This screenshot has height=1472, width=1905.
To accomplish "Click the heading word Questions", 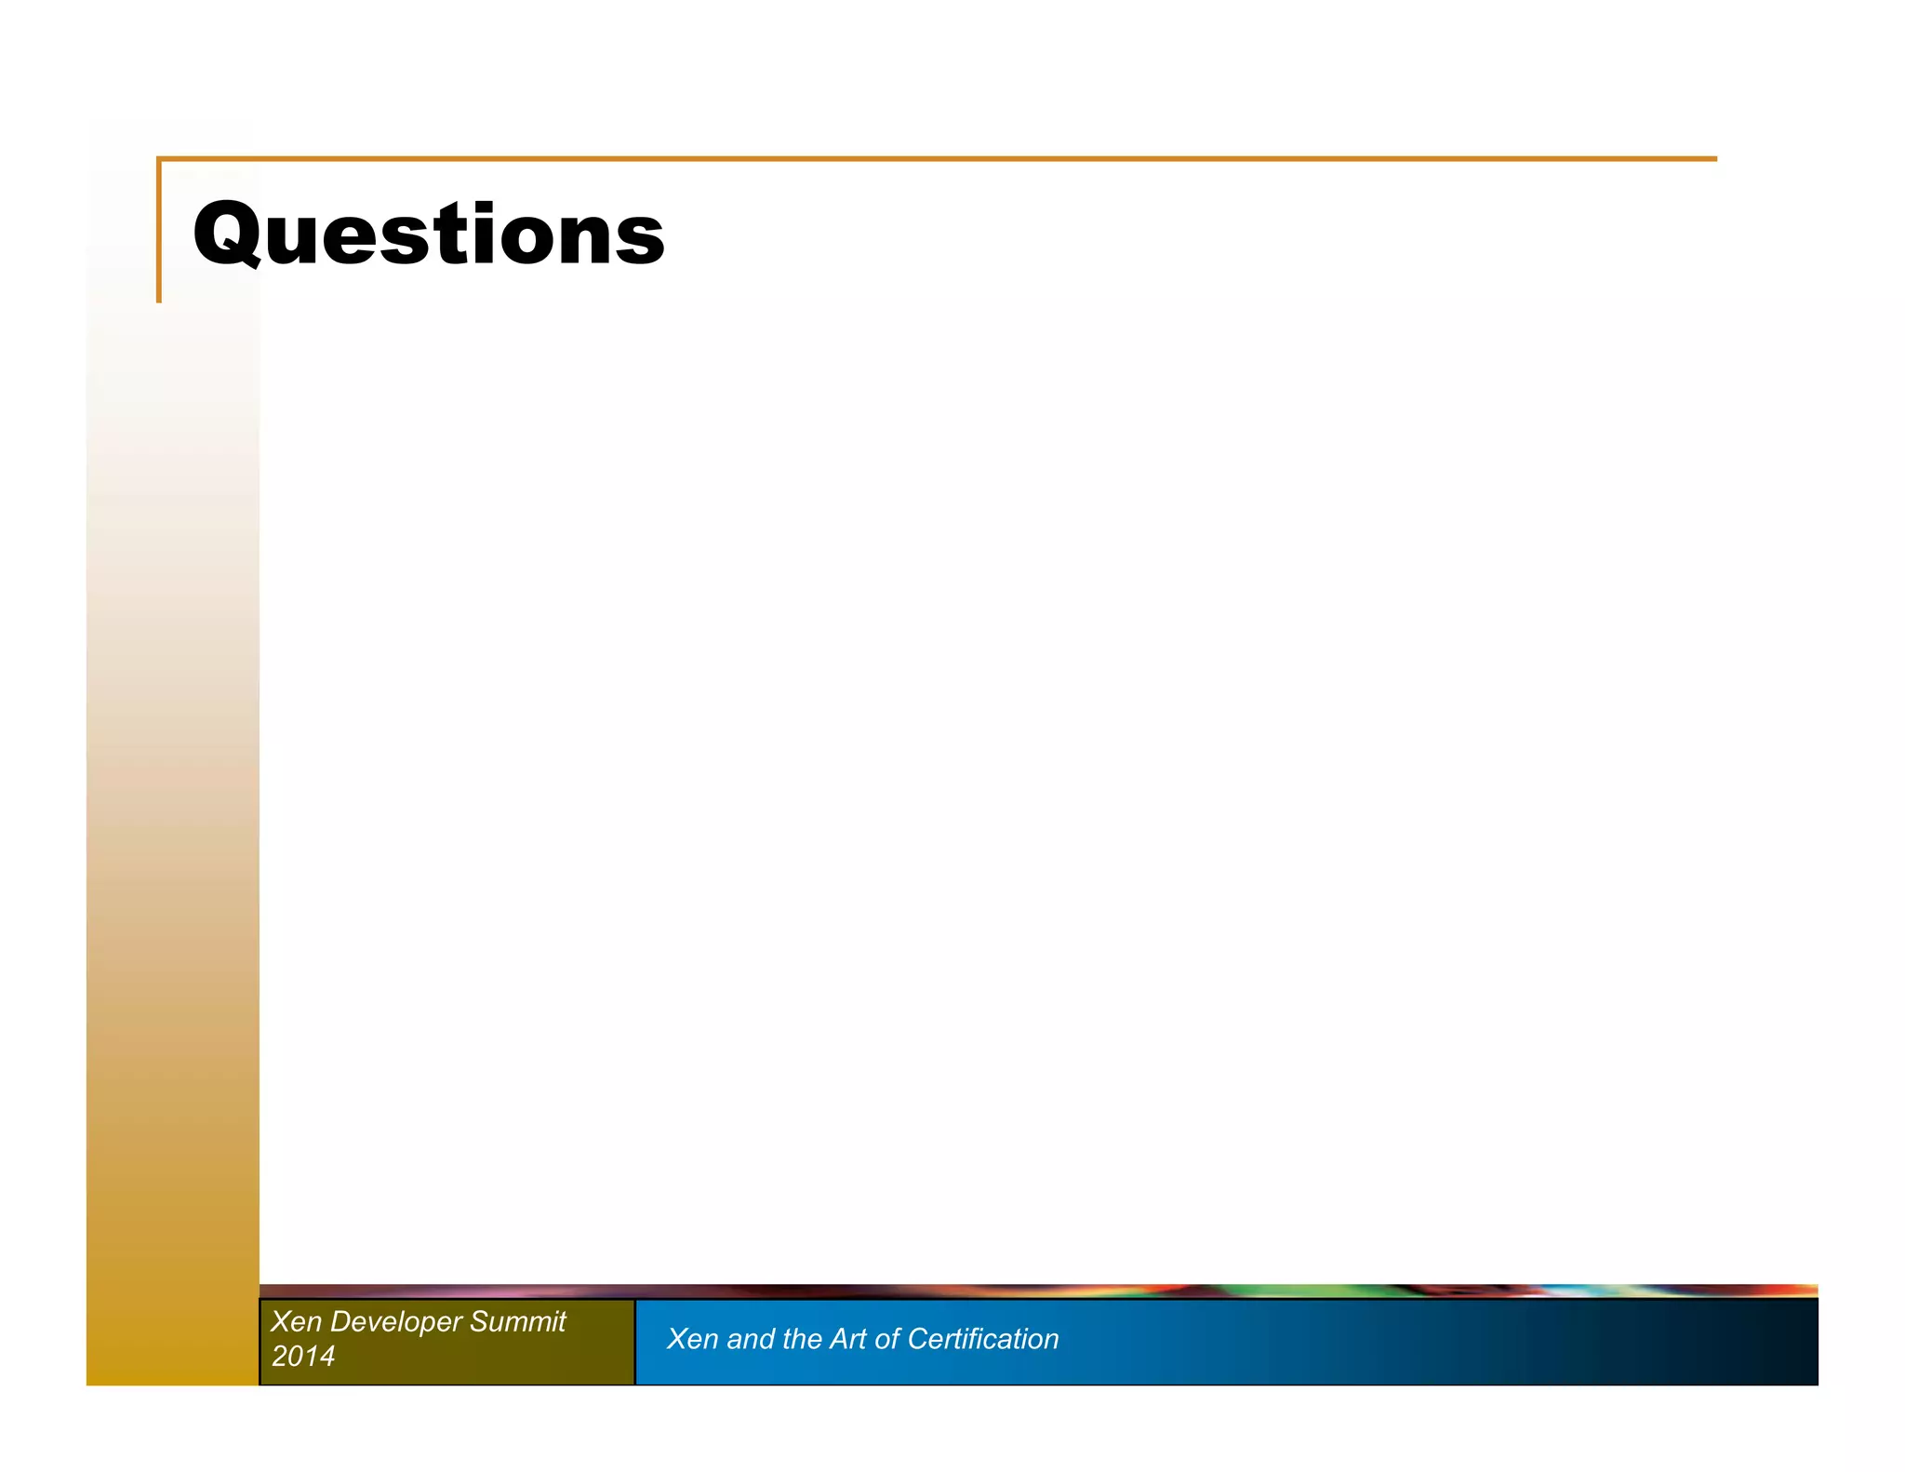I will coord(429,234).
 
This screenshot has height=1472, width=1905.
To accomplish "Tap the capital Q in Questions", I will coord(226,234).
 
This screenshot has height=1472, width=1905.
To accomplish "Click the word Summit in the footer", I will coord(518,1321).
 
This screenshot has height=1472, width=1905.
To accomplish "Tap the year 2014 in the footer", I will coord(303,1356).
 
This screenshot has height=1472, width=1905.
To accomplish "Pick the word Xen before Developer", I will coord(296,1321).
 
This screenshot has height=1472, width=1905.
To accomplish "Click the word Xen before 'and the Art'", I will coord(692,1339).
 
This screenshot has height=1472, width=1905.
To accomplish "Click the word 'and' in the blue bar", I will coord(751,1339).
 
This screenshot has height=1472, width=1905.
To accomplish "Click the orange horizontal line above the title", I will coord(930,159).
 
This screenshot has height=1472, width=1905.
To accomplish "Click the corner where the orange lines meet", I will coord(159,159).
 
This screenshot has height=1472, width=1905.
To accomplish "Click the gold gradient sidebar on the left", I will coord(172,837).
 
